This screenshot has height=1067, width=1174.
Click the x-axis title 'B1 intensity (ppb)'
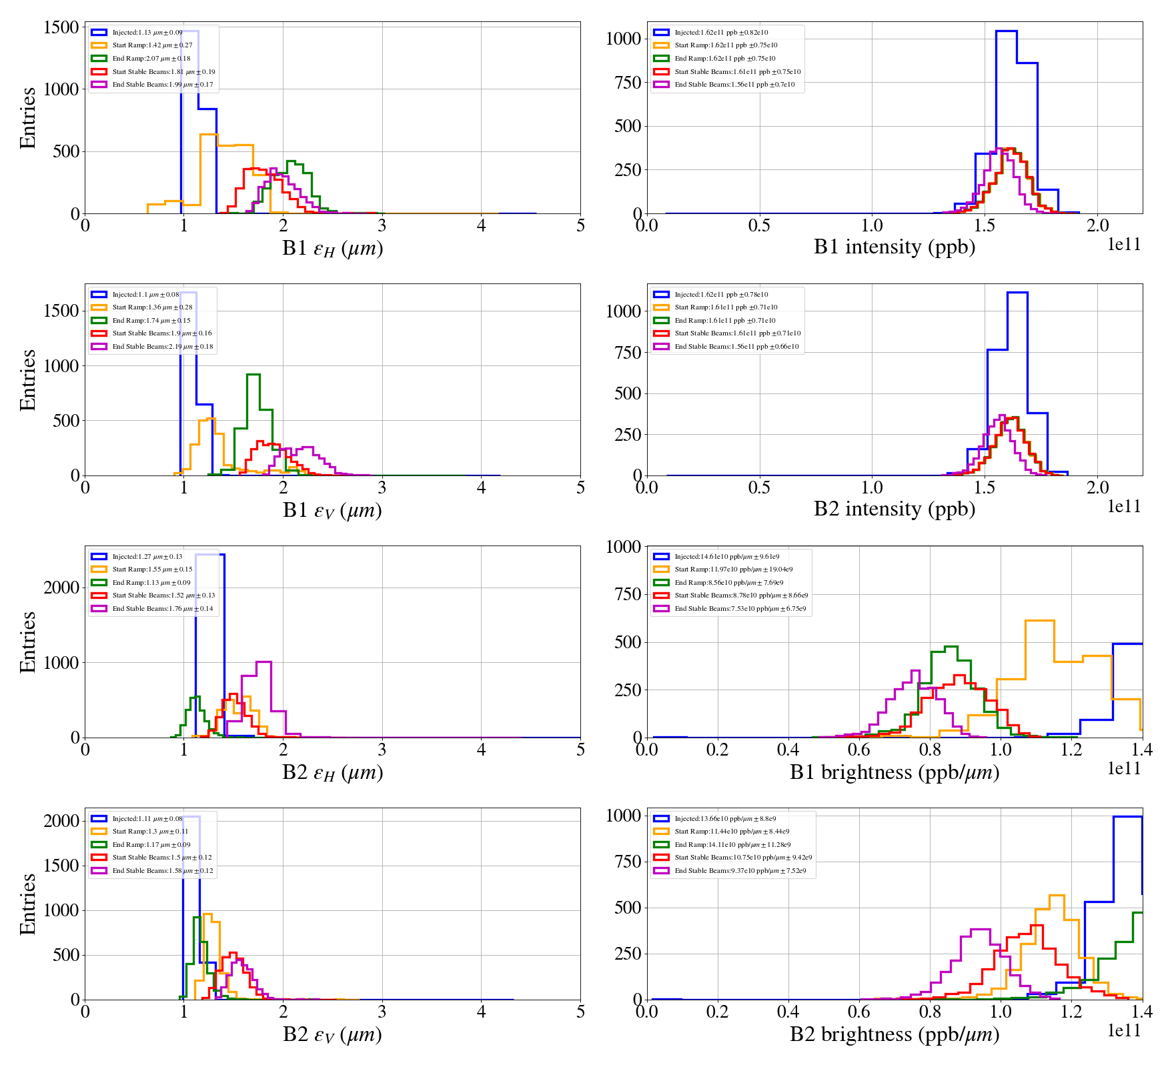pos(894,247)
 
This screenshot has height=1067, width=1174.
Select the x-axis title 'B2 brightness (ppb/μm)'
pos(894,1034)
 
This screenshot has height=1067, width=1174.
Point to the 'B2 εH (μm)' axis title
pos(332,772)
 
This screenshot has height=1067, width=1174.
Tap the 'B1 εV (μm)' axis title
pos(332,510)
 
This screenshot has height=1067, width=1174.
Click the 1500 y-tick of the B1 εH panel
pos(61,27)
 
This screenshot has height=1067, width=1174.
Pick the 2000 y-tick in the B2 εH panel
pos(61,588)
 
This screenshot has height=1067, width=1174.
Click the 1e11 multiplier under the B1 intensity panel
pos(1124,245)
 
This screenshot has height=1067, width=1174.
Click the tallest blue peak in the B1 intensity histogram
pos(1006,31)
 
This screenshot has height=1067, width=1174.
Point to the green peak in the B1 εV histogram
pos(253,375)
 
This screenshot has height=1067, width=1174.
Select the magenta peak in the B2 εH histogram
pos(263,662)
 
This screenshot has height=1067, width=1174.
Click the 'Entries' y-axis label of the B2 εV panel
pos(28,904)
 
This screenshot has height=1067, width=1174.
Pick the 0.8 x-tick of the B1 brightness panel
pos(930,750)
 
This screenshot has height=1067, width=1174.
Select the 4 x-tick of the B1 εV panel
pos(481,487)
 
